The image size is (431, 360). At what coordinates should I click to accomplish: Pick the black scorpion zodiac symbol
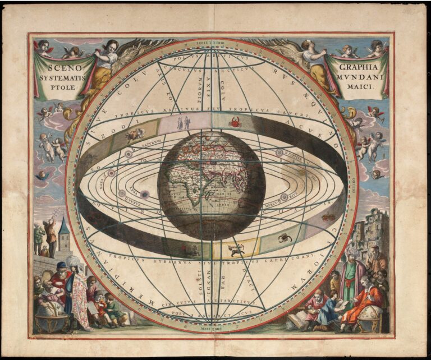point(285,238)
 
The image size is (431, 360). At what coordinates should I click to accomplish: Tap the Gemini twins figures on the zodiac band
point(184,123)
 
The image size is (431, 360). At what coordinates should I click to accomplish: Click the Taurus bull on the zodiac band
point(135,134)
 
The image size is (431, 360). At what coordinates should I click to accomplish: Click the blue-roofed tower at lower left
point(63,234)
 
